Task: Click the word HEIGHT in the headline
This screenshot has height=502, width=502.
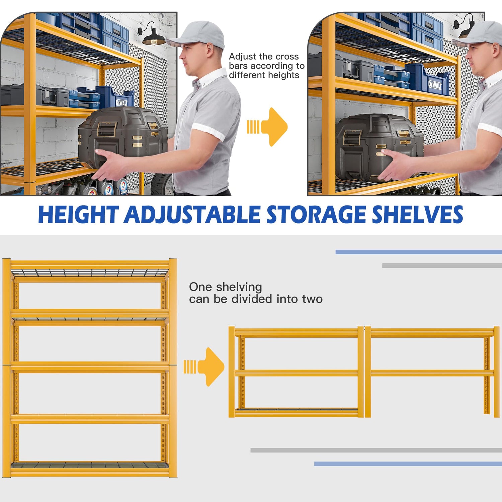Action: click(x=78, y=215)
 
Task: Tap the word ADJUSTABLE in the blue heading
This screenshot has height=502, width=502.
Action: click(x=192, y=215)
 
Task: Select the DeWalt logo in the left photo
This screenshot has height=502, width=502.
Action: click(x=121, y=102)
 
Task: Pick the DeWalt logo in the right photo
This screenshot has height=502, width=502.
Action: click(x=435, y=85)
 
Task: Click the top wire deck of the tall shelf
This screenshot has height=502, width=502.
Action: click(x=90, y=272)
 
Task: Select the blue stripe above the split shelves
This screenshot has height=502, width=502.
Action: click(x=418, y=252)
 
